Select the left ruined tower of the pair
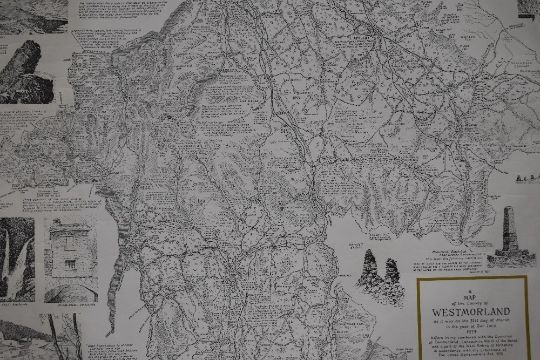[366, 269]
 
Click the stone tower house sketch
[69, 250]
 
